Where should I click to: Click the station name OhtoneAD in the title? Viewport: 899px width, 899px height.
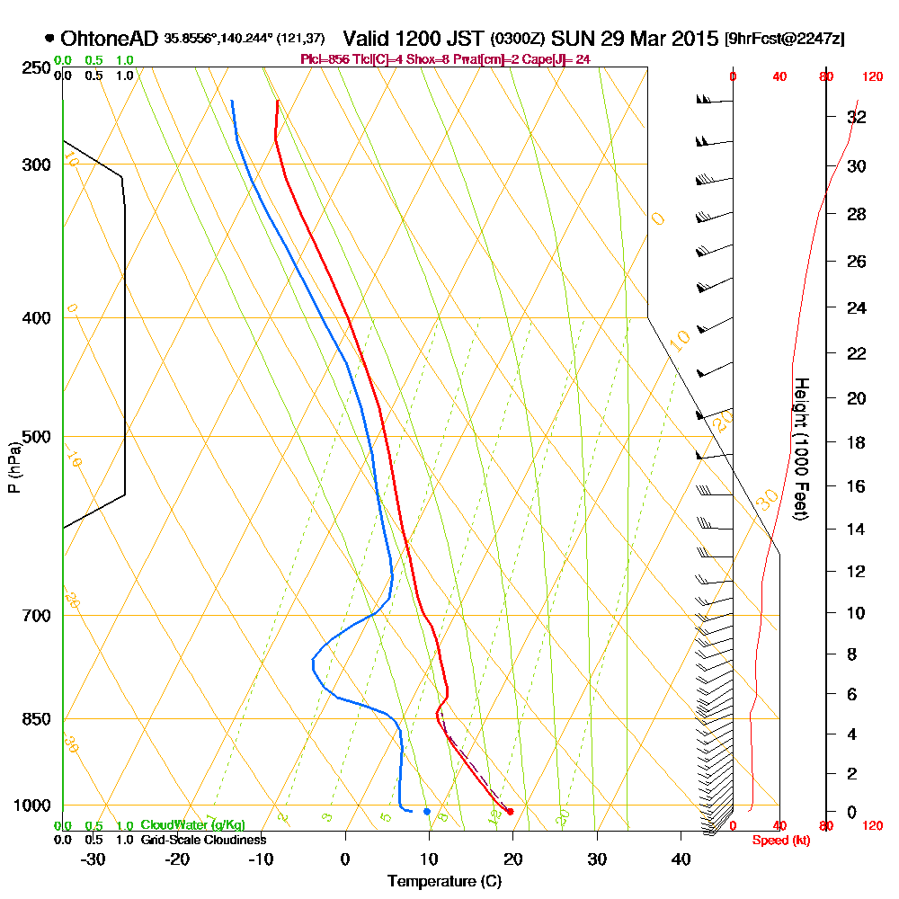[x=110, y=39]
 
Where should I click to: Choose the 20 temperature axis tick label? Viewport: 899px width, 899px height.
[x=512, y=858]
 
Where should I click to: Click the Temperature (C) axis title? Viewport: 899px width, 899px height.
[x=444, y=881]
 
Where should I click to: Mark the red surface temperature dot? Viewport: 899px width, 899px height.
[x=510, y=811]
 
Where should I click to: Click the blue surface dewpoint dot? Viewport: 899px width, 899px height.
[x=427, y=811]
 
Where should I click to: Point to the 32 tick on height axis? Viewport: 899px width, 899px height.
[x=856, y=117]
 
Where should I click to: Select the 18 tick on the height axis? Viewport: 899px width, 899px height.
[x=856, y=442]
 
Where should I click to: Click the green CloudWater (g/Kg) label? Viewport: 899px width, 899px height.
[x=192, y=825]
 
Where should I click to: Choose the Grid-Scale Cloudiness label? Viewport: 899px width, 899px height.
[x=203, y=840]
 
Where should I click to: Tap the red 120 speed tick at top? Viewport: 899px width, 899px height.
[x=870, y=76]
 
